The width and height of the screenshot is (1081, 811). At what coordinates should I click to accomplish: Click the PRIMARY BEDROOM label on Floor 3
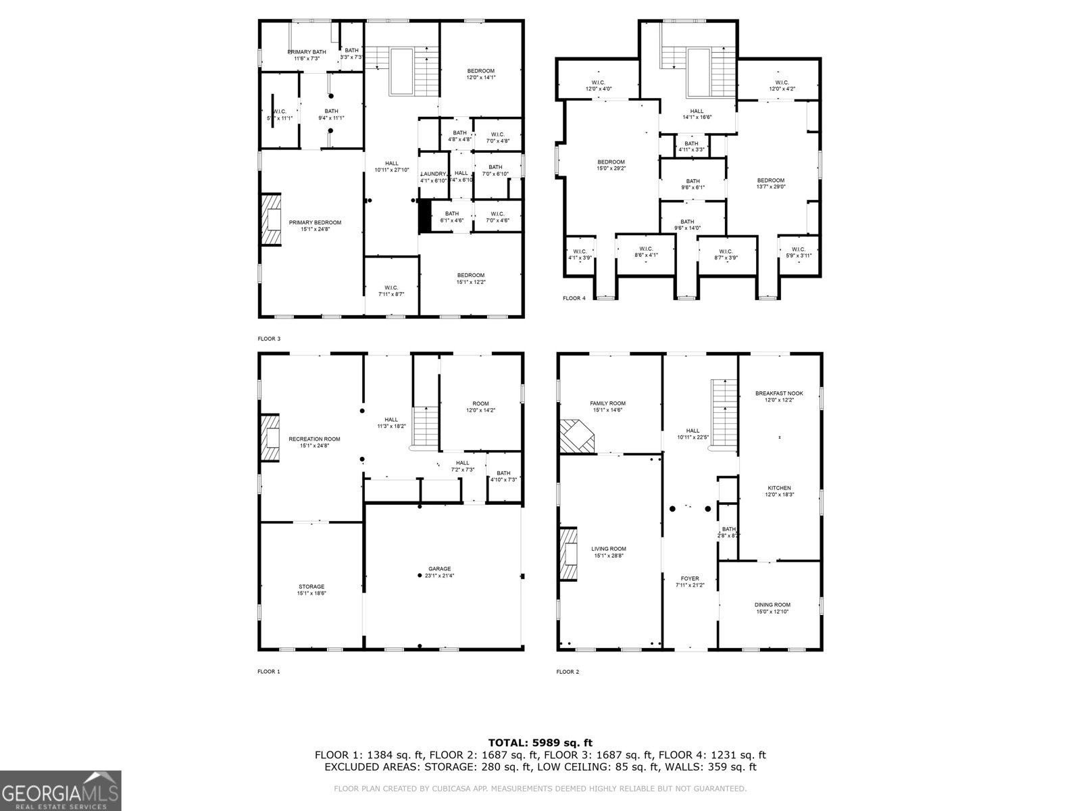click(315, 223)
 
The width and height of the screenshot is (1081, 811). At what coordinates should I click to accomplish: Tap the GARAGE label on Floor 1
click(439, 569)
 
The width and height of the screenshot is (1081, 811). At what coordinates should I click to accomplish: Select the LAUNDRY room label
click(434, 174)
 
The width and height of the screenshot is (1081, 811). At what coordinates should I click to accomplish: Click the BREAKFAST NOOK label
click(779, 393)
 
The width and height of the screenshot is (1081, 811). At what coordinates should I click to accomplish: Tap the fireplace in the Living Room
click(569, 553)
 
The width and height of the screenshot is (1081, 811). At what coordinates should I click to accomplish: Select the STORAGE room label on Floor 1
click(311, 587)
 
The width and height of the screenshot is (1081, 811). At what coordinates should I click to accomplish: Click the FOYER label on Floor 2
click(690, 579)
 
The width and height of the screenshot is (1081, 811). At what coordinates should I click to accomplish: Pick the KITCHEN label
click(779, 488)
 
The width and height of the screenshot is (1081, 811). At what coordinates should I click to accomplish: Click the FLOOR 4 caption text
click(574, 298)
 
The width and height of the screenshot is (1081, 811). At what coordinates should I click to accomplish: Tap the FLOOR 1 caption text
click(268, 672)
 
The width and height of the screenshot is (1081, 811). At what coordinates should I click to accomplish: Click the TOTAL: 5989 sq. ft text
click(540, 743)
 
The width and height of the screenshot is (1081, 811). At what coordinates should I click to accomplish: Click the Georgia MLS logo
click(61, 790)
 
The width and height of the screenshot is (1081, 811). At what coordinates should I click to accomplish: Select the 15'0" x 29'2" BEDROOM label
click(611, 162)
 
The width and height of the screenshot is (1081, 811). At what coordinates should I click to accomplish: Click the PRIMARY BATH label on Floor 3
click(307, 52)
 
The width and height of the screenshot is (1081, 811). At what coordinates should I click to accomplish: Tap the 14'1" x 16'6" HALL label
click(697, 112)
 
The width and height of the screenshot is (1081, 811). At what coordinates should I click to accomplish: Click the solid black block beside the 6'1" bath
click(424, 216)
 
